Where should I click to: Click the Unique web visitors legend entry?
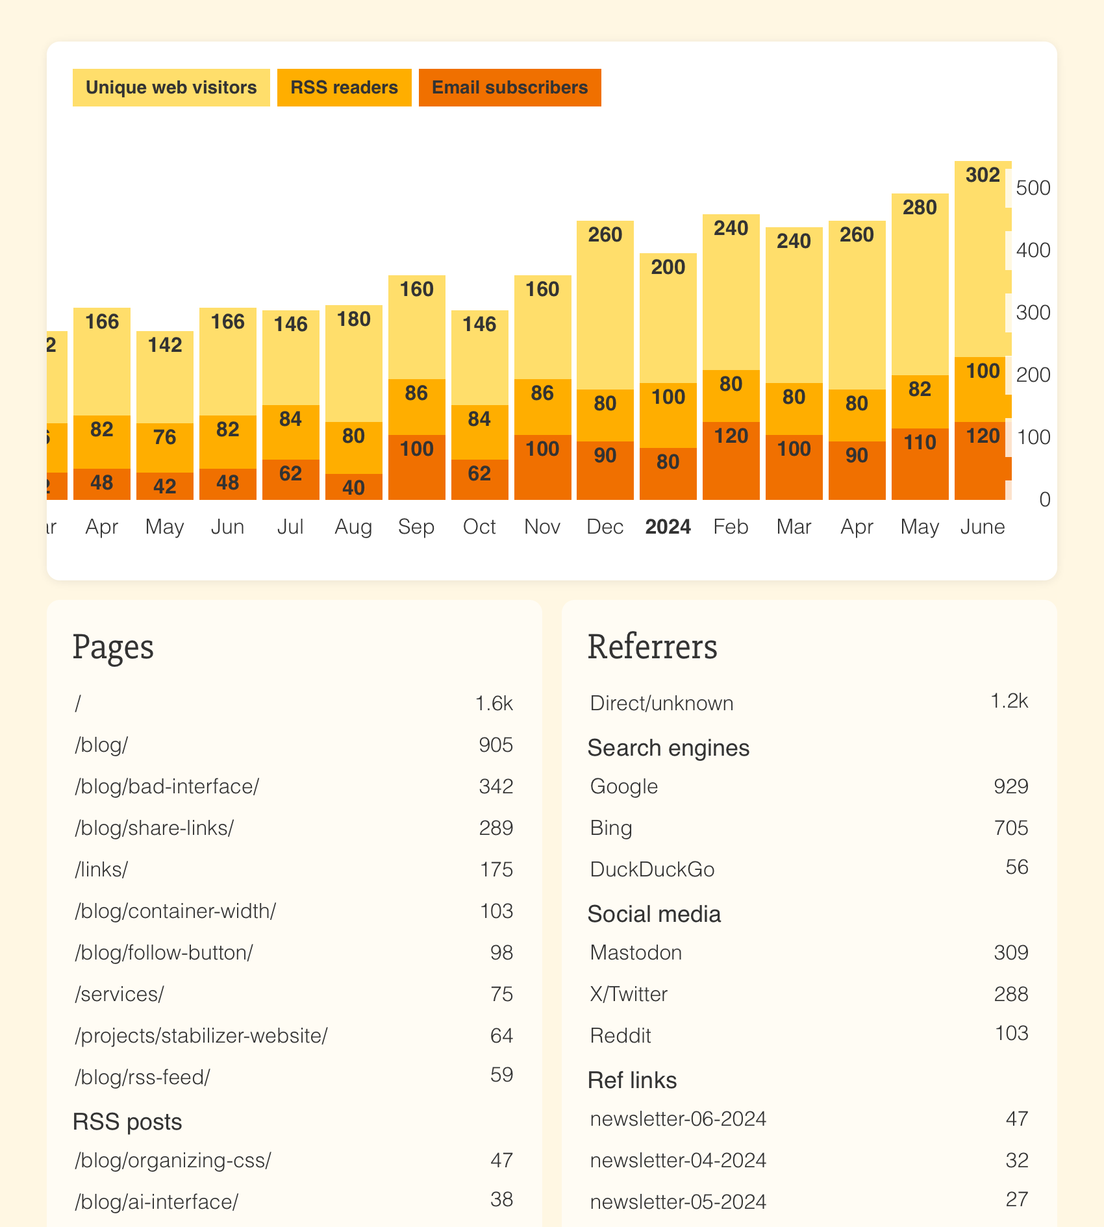point(171,88)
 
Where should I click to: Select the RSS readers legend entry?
point(344,88)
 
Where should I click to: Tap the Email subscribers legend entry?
point(510,88)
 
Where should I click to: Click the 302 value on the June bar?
point(983,175)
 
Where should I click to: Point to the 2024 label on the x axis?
point(668,527)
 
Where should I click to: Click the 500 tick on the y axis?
point(1033,188)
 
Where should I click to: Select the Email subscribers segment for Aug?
point(353,487)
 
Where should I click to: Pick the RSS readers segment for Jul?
point(290,432)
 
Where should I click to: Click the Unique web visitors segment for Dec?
point(605,305)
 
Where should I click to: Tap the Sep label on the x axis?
point(416,527)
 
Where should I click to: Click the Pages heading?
point(113,647)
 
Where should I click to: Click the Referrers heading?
point(652,647)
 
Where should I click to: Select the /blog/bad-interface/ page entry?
point(167,786)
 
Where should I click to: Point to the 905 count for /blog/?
point(496,745)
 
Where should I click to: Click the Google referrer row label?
point(623,786)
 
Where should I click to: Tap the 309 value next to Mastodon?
point(1010,952)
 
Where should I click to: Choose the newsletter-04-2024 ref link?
point(678,1160)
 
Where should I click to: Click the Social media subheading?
point(654,914)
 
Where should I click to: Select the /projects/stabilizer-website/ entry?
point(201,1035)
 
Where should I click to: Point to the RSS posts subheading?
point(127,1122)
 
